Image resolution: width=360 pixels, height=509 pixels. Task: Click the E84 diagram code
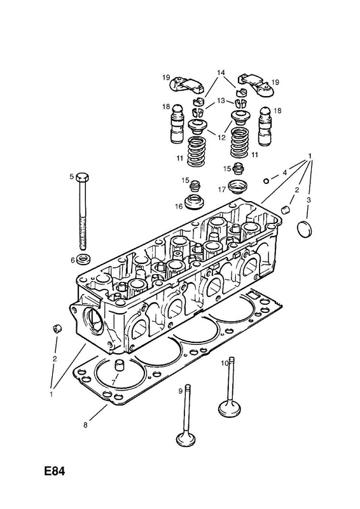pos(54,471)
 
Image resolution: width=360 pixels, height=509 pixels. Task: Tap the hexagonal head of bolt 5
pos(83,178)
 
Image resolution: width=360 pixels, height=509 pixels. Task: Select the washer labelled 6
pos(85,259)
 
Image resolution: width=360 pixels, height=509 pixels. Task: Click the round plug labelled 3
pos(304,229)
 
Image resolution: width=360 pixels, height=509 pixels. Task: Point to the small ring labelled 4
pos(266,181)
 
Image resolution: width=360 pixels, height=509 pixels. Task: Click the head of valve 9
pos(186,440)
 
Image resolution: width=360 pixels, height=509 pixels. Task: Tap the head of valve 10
pos(230,408)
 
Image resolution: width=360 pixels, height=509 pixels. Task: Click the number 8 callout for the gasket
pos(85,425)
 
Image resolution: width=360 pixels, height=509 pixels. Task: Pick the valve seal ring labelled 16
pos(194,202)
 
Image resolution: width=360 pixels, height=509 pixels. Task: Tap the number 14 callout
pos(221,72)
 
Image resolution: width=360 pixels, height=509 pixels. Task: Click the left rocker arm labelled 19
pos(187,85)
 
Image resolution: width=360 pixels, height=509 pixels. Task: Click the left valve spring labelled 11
pos(198,151)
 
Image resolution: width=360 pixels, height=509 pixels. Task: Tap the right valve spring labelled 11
pos(241,143)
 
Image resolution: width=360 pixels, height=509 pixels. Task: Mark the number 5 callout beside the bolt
pos(72,177)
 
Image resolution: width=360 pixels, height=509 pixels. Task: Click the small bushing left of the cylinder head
pos(57,328)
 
